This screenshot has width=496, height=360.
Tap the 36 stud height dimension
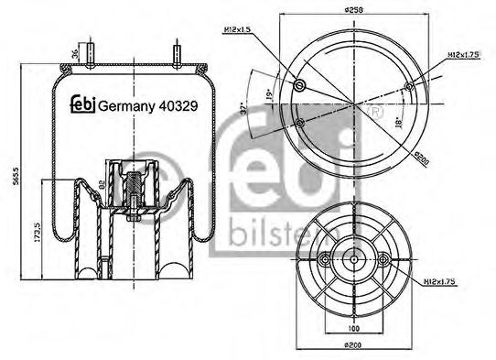75,52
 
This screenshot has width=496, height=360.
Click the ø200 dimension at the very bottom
352,346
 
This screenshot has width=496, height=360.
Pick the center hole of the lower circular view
352,260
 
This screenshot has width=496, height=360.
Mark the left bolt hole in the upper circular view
300,86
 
